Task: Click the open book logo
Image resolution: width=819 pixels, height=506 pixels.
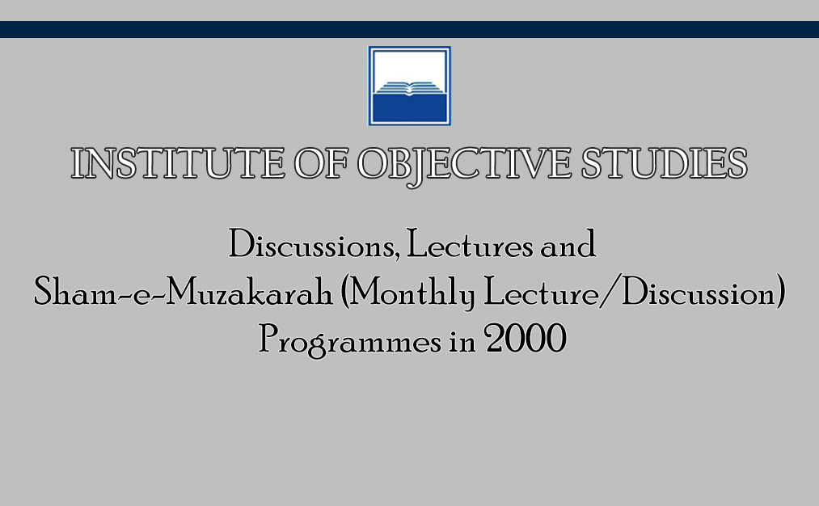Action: (409, 86)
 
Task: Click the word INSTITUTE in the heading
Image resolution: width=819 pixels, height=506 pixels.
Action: (178, 163)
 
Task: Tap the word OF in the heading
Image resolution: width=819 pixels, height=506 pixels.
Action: (321, 163)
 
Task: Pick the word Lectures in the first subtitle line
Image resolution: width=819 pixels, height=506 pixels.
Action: (470, 244)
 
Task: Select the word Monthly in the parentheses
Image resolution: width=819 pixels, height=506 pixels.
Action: (412, 293)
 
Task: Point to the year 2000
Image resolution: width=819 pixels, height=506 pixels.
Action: (526, 339)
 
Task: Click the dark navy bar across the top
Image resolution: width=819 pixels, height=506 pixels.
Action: (409, 29)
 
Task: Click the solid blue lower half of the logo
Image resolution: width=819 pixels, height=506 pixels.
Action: (409, 108)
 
